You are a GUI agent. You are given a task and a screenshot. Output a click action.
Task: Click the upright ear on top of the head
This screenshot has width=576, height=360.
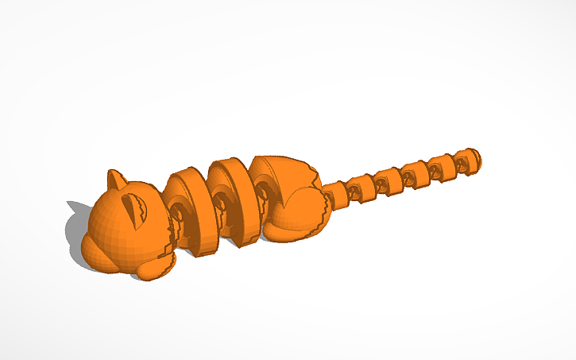[x=117, y=179]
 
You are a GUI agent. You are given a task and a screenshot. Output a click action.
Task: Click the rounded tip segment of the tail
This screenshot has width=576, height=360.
[x=470, y=159]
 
